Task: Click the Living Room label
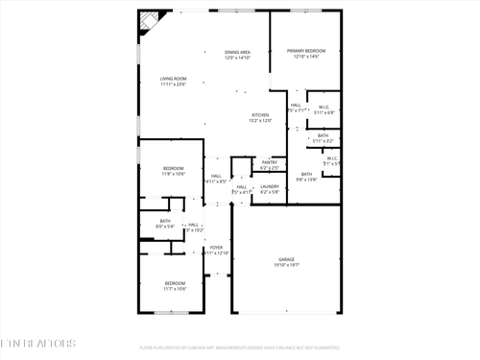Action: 173,79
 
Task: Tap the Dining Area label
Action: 237,52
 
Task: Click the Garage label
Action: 287,258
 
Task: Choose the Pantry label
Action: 269,162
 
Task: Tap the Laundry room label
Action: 270,186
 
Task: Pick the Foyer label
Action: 217,248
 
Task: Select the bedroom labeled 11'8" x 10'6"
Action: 173,169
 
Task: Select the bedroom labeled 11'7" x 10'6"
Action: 174,283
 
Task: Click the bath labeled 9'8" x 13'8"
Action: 305,174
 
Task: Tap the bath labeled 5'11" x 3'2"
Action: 324,135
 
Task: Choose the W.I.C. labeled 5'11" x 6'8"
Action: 324,108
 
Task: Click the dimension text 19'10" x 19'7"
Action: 287,264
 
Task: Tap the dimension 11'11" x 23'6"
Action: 173,84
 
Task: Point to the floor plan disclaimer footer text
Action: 239,348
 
